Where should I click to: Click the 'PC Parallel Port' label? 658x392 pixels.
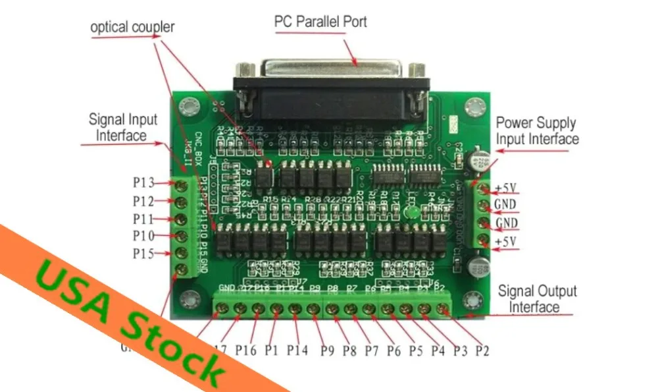320,21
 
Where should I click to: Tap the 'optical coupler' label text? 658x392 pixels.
132,28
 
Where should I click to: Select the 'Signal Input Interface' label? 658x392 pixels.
123,127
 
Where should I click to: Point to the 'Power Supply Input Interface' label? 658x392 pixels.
537,130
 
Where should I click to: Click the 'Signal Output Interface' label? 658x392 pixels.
537,298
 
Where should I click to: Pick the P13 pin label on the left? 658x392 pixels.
143,183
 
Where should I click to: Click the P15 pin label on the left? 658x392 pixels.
143,254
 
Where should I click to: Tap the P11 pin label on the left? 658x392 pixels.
143,219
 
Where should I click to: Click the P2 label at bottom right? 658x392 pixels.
482,350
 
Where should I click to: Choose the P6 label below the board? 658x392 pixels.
393,350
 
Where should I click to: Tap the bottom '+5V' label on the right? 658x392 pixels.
506,242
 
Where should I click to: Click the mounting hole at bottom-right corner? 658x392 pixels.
471,300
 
